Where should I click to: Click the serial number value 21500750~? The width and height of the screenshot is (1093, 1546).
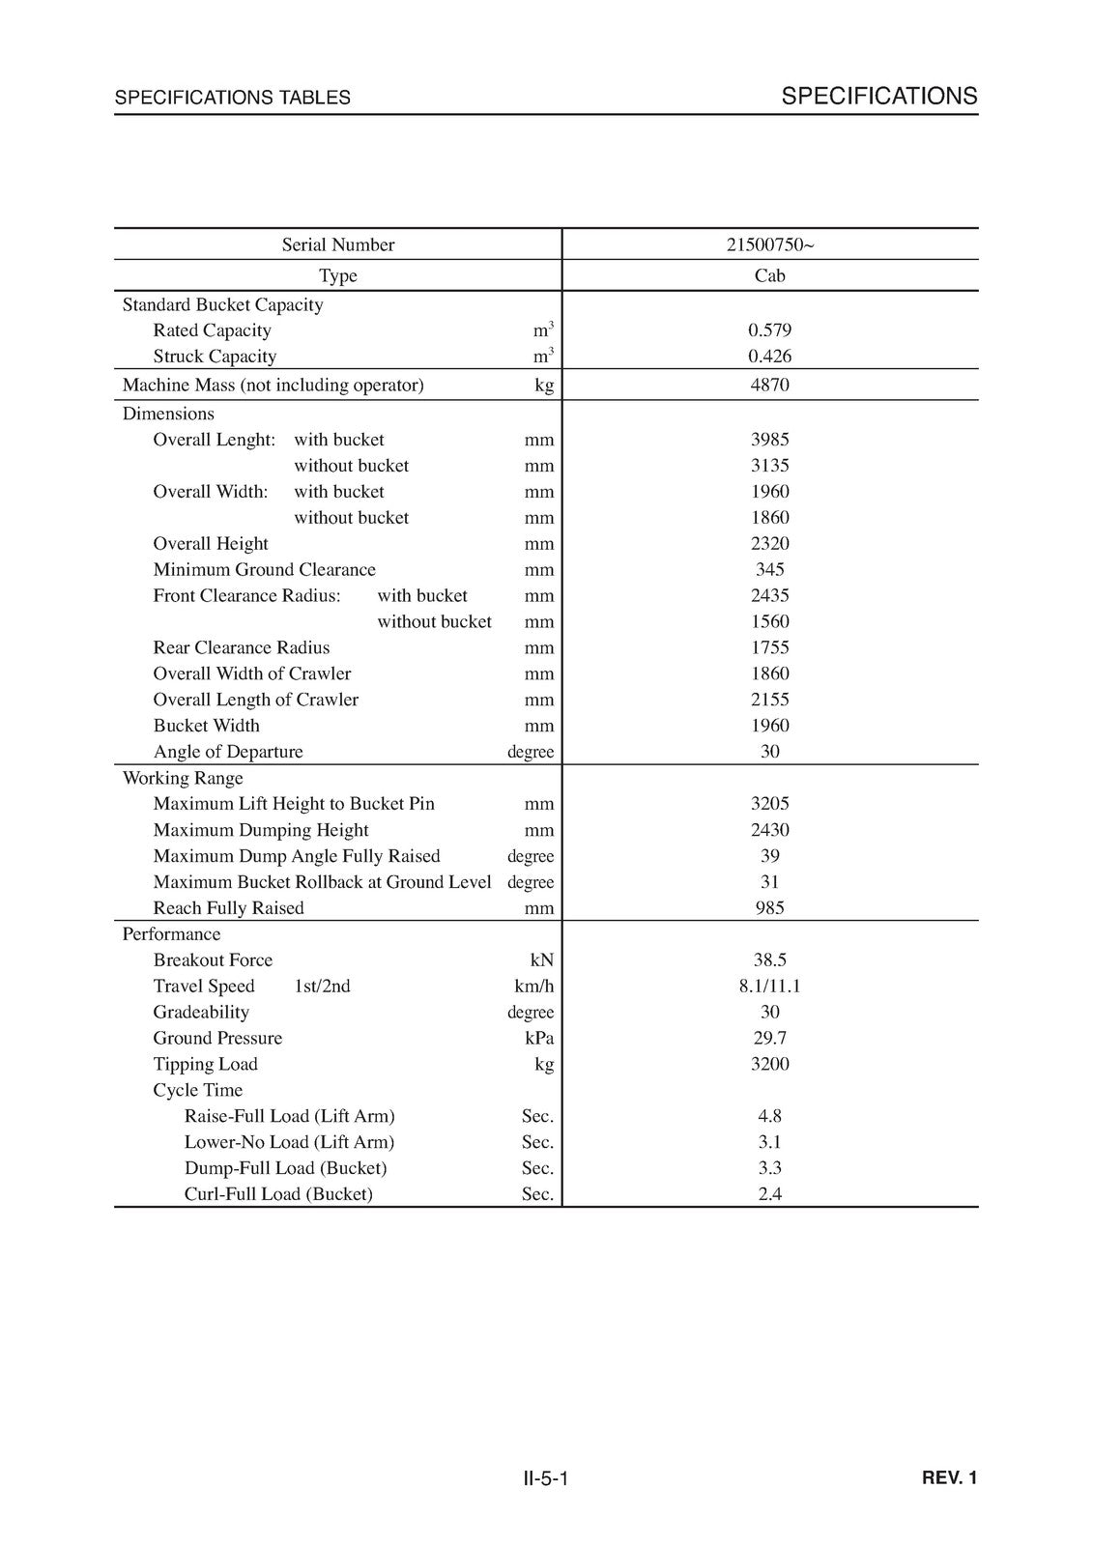(769, 244)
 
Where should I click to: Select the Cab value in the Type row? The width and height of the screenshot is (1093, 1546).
(769, 275)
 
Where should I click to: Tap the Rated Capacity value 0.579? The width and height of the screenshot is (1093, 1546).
(769, 330)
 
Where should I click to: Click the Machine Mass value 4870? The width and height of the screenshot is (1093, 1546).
(769, 385)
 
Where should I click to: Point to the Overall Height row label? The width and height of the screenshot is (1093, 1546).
(211, 544)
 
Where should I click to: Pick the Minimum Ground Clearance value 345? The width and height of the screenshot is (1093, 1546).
(769, 570)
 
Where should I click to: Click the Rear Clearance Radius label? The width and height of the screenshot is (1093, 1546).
(242, 648)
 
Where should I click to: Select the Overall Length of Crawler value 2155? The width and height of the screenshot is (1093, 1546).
(769, 700)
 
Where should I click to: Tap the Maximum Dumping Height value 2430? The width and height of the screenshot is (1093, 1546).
(769, 830)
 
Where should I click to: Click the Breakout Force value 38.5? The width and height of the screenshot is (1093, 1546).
(769, 960)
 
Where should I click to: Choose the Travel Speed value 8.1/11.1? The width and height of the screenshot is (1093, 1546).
(769, 987)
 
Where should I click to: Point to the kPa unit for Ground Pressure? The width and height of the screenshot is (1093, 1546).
(538, 1039)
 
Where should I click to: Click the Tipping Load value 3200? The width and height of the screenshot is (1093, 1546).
(769, 1065)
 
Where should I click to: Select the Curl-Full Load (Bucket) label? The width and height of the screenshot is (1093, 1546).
(278, 1194)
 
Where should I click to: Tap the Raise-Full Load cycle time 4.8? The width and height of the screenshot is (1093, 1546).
(769, 1117)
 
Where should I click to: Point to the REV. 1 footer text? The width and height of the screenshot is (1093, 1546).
(950, 1478)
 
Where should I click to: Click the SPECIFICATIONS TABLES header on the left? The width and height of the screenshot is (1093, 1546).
(232, 98)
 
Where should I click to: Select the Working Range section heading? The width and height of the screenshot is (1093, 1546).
(183, 779)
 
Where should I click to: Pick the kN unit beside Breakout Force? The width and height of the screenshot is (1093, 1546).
(541, 960)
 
